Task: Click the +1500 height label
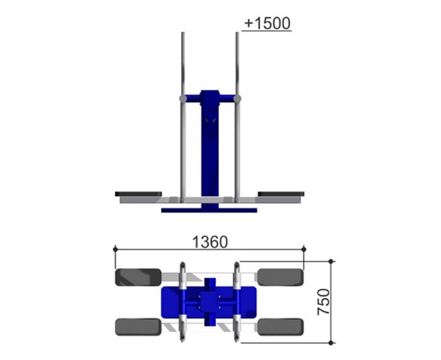267,23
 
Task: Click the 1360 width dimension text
210,242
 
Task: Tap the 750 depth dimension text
323,302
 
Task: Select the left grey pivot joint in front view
183,99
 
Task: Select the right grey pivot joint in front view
238,99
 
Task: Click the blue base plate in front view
209,211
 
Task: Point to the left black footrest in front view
138,194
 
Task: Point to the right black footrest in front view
281,194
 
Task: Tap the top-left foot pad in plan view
138,277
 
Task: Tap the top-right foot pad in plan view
281,277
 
